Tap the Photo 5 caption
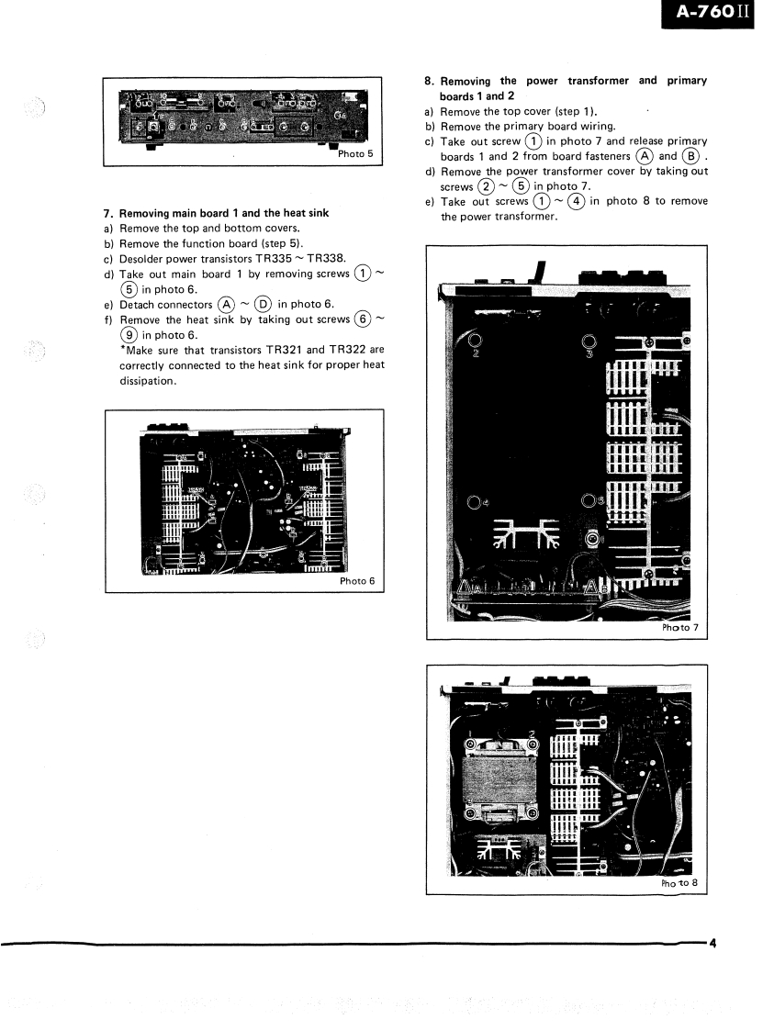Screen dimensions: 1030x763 click(355, 153)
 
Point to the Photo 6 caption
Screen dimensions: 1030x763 click(357, 580)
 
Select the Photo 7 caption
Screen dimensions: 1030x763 click(679, 628)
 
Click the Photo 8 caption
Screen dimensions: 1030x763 click(679, 883)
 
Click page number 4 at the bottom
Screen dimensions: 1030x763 click(712, 942)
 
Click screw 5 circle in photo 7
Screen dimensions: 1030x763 click(589, 501)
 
